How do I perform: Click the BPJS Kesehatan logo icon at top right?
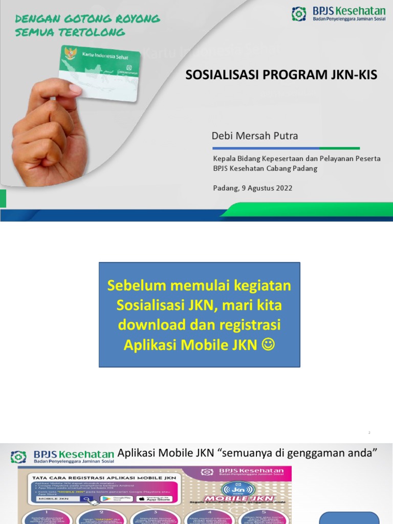[x=299, y=14]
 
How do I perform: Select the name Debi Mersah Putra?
[x=254, y=136]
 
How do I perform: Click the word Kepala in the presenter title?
[x=224, y=159]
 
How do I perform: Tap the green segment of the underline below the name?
[x=332, y=148]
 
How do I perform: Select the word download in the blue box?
[x=146, y=325]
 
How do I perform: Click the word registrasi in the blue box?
[x=250, y=325]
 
